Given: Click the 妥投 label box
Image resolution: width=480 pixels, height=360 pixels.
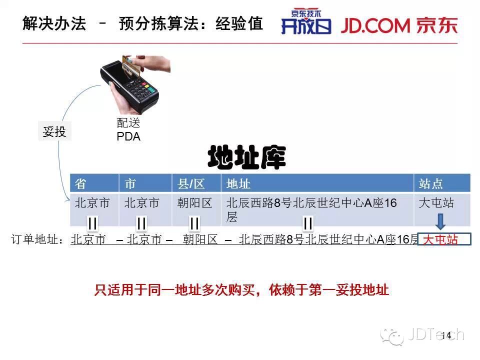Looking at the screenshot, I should tap(54, 131).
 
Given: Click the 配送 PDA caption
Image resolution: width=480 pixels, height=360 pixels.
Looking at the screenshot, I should tap(128, 129).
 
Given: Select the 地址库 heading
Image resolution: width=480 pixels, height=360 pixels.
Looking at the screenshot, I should tap(246, 157).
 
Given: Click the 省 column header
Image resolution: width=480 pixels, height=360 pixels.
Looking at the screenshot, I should tap(80, 183).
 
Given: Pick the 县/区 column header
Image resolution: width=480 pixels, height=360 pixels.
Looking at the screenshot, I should tap(191, 183).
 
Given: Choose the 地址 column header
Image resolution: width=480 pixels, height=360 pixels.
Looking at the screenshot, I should tap(238, 183).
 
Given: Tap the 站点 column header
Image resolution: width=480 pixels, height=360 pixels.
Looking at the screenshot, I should tap(431, 183).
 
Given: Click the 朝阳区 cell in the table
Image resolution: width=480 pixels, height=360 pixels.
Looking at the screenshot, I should tap(195, 203).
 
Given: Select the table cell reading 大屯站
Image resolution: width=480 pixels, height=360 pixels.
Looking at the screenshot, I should tap(436, 203).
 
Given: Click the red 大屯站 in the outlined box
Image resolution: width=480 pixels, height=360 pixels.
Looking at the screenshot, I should tap(440, 240).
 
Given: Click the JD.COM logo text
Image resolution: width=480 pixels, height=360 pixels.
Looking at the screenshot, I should tap(376, 25).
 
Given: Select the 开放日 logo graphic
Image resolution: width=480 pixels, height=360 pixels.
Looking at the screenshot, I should tap(306, 23).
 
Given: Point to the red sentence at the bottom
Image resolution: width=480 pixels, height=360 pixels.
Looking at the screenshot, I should tap(241, 290).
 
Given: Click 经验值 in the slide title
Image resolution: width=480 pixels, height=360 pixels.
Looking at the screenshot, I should tap(239, 23).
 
